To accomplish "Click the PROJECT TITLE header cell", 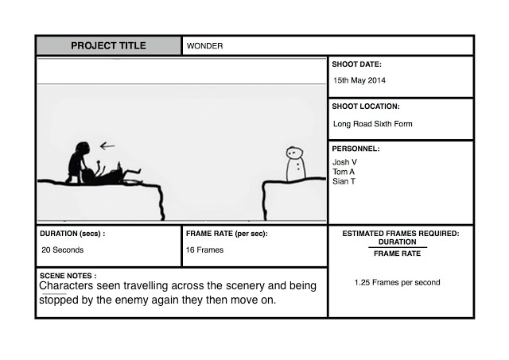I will coord(108,45).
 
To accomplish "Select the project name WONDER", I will coord(204,46).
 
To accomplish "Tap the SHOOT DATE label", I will coord(357,64).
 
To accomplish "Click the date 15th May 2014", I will coord(359,80).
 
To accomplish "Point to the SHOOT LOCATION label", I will coord(366,106).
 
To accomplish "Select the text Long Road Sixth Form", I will coord(372,124).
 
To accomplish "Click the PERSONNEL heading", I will coord(356,149).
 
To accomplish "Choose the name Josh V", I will coord(344,162).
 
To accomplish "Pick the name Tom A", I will coord(344,172).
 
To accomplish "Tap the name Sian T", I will coord(344,181).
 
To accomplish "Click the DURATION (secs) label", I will coord(72,234).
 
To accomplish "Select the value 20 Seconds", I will coord(62,250).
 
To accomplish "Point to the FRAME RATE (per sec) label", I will coord(227,234).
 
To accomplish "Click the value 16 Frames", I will coord(204,250).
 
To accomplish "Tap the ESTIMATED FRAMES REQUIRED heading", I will coord(400,234).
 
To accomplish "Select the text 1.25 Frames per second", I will coord(397,282).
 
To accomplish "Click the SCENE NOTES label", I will coord(68,276).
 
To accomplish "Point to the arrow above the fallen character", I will coord(107,145).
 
